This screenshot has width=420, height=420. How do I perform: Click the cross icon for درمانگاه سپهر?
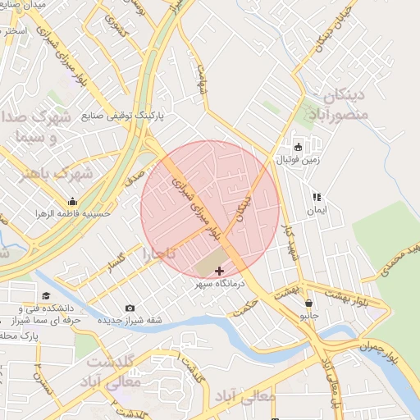tap(219, 271)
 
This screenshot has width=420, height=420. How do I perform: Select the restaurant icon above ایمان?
tap(317, 197)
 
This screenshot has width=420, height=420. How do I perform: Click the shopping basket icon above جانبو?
tap(308, 303)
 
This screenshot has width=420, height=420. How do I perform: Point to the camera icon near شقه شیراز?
tap(130, 308)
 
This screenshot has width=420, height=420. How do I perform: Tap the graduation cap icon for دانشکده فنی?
tap(46, 295)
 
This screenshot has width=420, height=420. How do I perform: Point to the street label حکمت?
tap(244, 310)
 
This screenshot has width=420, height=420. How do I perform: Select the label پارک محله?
tap(20, 336)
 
